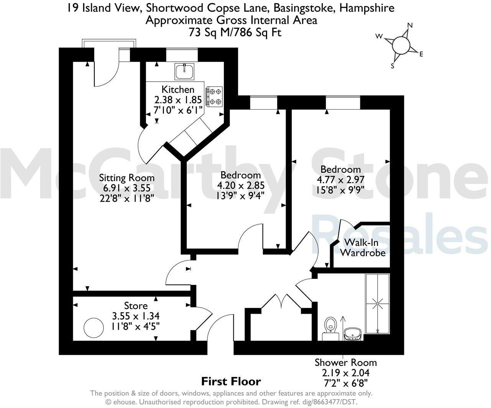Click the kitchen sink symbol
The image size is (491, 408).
[185, 71]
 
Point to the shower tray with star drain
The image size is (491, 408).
[378, 303]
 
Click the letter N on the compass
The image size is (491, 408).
[410, 25]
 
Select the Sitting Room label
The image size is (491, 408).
[127, 178]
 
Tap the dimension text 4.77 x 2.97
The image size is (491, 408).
[340, 179]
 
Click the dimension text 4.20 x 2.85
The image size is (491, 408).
[241, 185]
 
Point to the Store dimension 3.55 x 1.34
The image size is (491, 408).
[136, 316]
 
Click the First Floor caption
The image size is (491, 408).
[231, 381]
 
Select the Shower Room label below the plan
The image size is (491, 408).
[346, 362]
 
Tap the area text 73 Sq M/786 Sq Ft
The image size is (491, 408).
[235, 33]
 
